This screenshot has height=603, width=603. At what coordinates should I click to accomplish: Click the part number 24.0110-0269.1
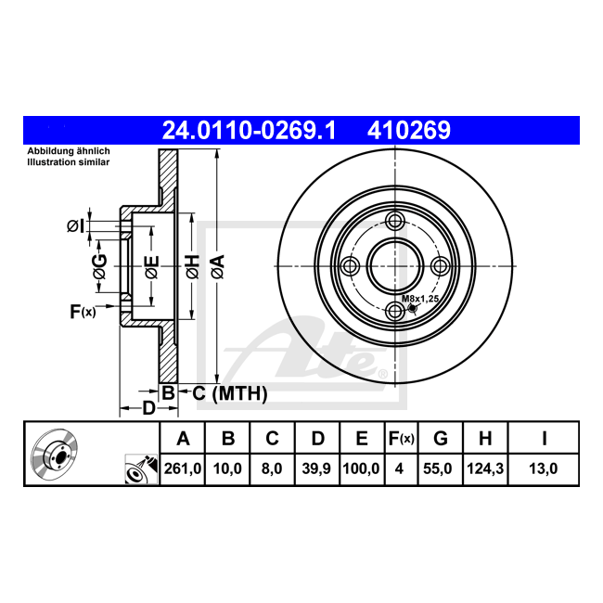(249, 131)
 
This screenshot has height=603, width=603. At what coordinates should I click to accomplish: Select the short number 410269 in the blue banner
(408, 131)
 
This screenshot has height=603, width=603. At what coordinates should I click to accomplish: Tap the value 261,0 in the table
(183, 468)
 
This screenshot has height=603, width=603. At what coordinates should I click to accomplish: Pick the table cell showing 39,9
(316, 468)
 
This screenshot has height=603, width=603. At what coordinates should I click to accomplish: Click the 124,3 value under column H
(485, 468)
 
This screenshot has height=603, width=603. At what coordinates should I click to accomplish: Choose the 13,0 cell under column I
(543, 468)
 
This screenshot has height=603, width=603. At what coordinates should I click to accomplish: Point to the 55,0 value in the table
(437, 468)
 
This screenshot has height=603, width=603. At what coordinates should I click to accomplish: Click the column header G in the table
(441, 439)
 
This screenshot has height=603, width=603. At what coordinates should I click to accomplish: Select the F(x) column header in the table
(401, 439)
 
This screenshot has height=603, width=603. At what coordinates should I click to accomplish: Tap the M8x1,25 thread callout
(420, 299)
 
